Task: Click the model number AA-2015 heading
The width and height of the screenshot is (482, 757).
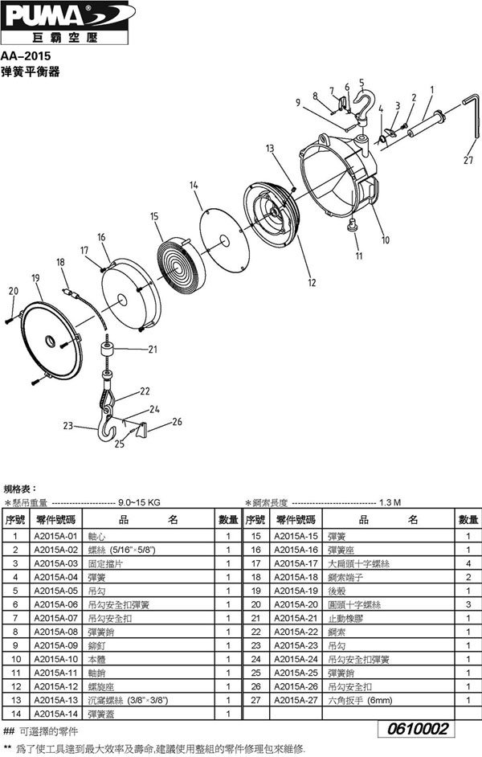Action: (x=26, y=56)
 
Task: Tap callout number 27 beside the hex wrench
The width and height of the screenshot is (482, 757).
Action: (x=468, y=160)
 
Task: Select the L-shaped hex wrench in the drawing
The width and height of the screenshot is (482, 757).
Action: (x=470, y=122)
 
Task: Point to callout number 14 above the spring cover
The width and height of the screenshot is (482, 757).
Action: (x=194, y=185)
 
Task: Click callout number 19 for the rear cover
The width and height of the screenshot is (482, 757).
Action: (x=35, y=278)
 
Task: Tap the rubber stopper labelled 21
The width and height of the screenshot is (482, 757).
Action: (x=107, y=349)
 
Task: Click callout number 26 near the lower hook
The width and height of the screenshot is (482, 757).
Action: (x=177, y=421)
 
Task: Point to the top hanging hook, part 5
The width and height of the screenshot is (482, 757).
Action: (x=362, y=106)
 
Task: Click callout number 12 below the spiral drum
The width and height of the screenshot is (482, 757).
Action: (x=312, y=282)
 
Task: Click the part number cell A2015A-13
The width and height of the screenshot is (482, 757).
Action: (x=55, y=700)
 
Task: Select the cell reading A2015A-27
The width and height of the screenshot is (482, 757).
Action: (x=296, y=700)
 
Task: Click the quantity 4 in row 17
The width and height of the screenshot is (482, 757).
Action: (x=468, y=563)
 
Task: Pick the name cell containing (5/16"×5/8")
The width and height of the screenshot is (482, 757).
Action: (x=121, y=550)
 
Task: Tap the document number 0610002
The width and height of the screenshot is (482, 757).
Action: (x=419, y=729)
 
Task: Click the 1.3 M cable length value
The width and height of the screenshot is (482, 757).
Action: (x=390, y=502)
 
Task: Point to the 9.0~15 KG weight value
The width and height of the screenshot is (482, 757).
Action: (x=140, y=502)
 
